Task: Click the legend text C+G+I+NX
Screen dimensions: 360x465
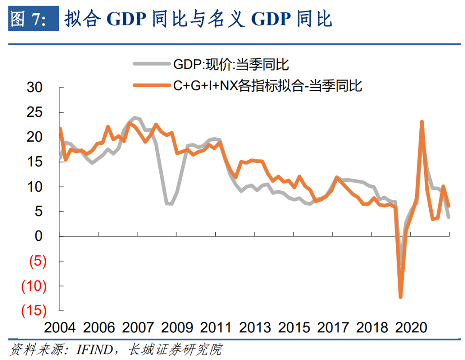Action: click(204, 86)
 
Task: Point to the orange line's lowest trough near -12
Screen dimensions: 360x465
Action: click(400, 297)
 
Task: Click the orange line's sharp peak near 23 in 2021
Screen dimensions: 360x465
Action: click(422, 122)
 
